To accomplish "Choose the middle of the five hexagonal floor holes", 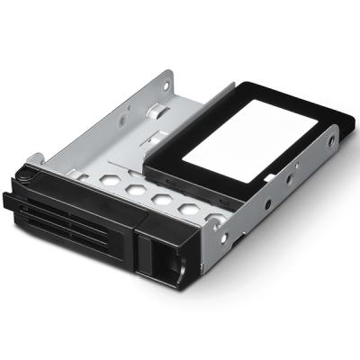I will click(163, 199).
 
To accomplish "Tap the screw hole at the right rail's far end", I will click(331, 141).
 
